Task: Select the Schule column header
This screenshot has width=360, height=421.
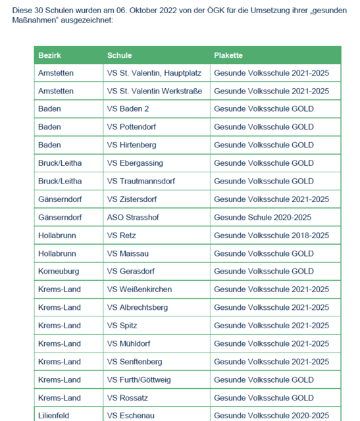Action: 119,55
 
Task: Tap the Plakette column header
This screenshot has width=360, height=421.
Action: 228,55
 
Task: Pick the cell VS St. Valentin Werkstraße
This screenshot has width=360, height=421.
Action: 154,91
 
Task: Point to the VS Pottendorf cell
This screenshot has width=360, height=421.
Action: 132,127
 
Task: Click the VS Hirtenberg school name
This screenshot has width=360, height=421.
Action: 132,145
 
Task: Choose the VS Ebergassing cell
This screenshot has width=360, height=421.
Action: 135,163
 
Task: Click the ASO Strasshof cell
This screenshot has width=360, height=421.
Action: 133,217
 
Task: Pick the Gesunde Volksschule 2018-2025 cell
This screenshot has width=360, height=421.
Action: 271,235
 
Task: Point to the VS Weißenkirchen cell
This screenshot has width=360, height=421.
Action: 140,289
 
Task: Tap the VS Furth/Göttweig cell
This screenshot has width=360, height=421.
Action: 141,380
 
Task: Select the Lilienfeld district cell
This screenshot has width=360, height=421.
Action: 53,416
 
